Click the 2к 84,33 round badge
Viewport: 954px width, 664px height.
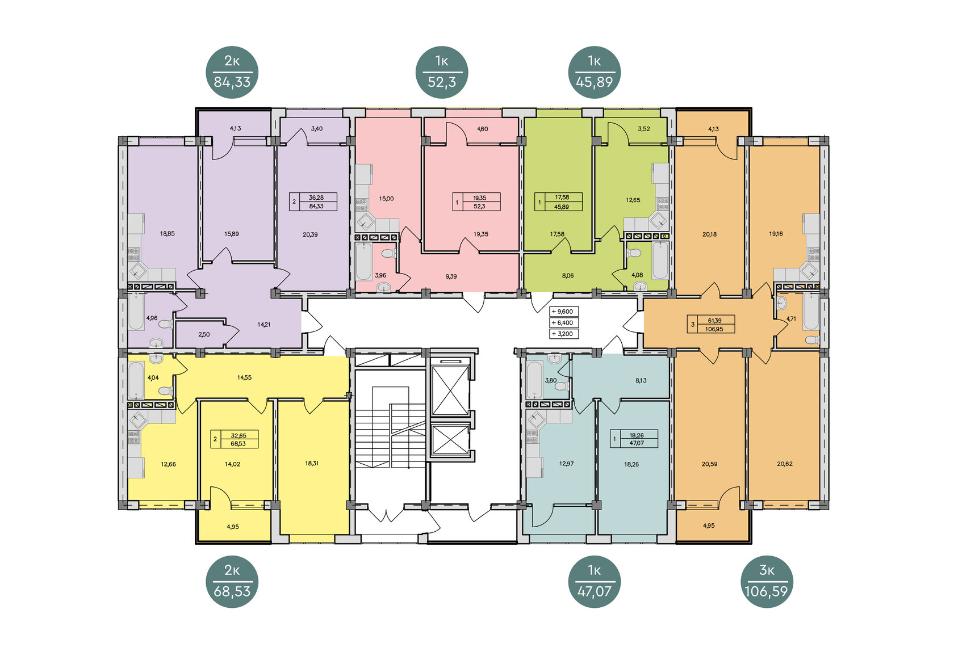232,73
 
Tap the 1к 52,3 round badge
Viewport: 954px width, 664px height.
442,73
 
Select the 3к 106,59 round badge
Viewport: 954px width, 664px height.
767,582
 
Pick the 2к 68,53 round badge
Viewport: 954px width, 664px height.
232,582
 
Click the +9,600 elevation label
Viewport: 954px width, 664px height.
564,312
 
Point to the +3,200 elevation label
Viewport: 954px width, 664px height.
564,334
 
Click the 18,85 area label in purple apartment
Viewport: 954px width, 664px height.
168,234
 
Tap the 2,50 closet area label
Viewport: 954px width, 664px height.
204,335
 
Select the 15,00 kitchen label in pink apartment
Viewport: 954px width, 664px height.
386,199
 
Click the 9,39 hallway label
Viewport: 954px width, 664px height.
451,277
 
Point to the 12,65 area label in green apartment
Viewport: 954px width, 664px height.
633,200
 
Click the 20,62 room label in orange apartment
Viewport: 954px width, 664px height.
785,464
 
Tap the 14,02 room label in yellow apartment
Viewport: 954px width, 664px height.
233,464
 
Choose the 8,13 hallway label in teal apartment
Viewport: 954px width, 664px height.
641,380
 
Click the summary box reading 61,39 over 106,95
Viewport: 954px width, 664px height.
711,325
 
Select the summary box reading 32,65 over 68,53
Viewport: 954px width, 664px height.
235,439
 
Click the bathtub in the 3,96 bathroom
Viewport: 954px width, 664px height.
363,261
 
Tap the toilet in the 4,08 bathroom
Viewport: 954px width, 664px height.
634,253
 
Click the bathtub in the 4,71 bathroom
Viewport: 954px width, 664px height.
811,312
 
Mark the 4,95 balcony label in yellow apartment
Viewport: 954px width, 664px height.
233,527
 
